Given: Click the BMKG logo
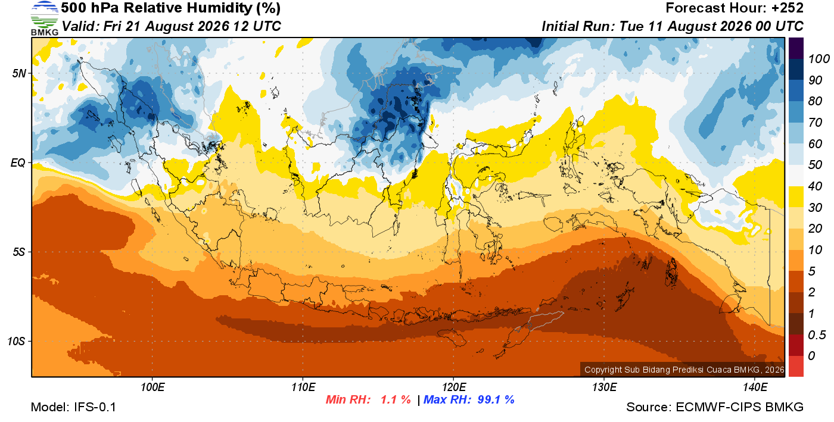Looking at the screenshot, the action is pos(45,18).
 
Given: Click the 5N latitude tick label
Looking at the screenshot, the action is pos(19,73).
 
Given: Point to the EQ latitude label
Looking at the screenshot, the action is pos(18,162).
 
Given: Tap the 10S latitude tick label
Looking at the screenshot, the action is pos(17,341).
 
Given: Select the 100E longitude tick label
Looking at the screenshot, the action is pos(153,387).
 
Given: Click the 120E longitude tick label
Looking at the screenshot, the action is pos(453,387).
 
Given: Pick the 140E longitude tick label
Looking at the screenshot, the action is pos(755,387).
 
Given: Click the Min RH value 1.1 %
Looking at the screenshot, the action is pos(396,399).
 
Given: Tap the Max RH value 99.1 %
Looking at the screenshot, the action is pos(496,399).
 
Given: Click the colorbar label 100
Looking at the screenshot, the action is pos(819,59).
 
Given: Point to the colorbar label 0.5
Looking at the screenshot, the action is pos(817,335).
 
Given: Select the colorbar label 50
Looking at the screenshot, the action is pos(815,165).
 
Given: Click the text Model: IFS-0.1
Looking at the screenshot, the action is pos(73,407).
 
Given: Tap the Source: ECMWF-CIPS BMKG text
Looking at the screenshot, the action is pos(715,407).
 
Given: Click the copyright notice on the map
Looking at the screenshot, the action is pos(684,370).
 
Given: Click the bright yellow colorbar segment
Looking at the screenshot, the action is pos(796,196).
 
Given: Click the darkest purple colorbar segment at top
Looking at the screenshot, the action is pos(796,48).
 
